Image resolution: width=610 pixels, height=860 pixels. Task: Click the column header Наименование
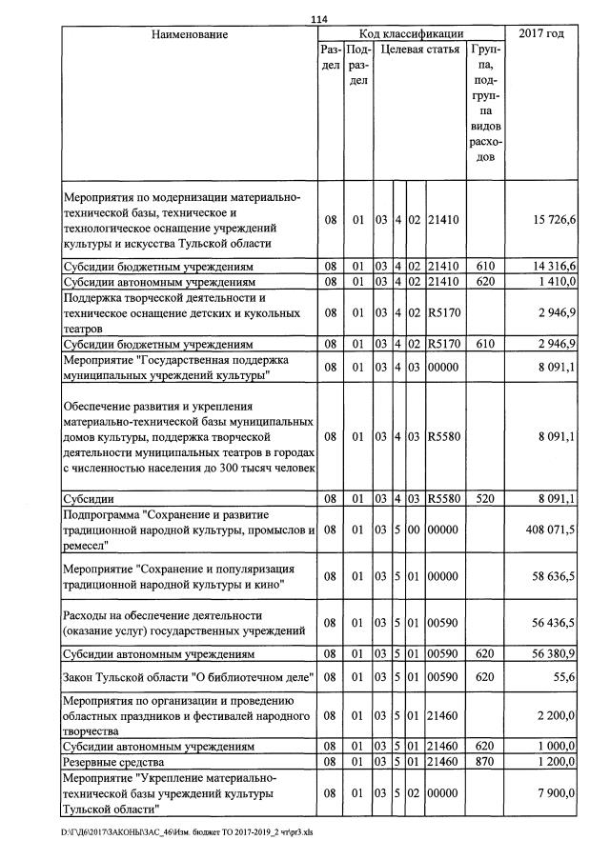[189, 34]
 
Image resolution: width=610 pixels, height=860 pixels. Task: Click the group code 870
[486, 763]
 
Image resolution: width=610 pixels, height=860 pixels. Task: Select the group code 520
[486, 498]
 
